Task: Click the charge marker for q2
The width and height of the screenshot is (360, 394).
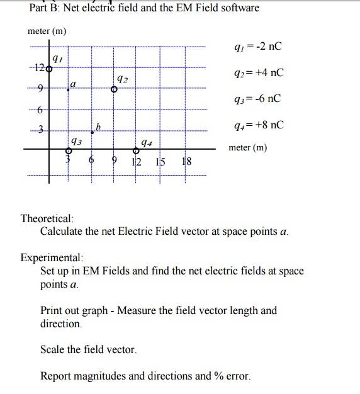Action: click(x=114, y=90)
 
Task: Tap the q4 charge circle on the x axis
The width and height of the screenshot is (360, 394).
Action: click(x=136, y=150)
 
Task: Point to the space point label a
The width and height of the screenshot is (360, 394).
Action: click(x=73, y=84)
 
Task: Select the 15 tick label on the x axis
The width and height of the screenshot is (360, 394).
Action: click(x=161, y=162)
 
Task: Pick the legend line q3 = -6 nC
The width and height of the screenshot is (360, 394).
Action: click(x=257, y=99)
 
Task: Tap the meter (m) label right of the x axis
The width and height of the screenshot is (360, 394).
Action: click(x=247, y=148)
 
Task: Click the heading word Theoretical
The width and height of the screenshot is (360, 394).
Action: click(x=47, y=218)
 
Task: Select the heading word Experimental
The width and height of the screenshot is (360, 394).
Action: click(x=51, y=258)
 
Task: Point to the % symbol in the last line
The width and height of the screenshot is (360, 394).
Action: click(x=219, y=376)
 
